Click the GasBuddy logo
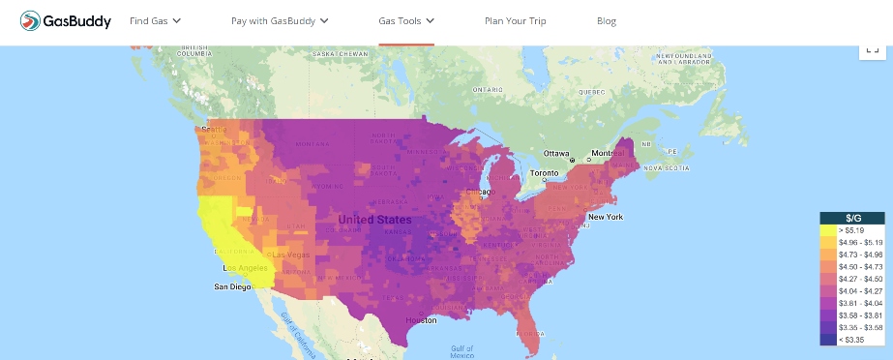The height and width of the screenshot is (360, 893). (65, 20)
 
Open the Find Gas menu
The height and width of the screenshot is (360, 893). (155, 20)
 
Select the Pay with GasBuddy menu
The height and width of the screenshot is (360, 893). (280, 20)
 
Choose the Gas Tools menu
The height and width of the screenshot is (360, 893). (405, 20)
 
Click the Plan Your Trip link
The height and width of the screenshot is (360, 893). (515, 20)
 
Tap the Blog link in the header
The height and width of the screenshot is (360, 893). (607, 20)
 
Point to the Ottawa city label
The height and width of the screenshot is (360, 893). (556, 154)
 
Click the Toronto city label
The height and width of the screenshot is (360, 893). (544, 175)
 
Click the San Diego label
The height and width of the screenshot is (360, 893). (233, 287)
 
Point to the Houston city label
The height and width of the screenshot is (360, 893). (421, 318)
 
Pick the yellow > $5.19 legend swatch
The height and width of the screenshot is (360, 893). (828, 231)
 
